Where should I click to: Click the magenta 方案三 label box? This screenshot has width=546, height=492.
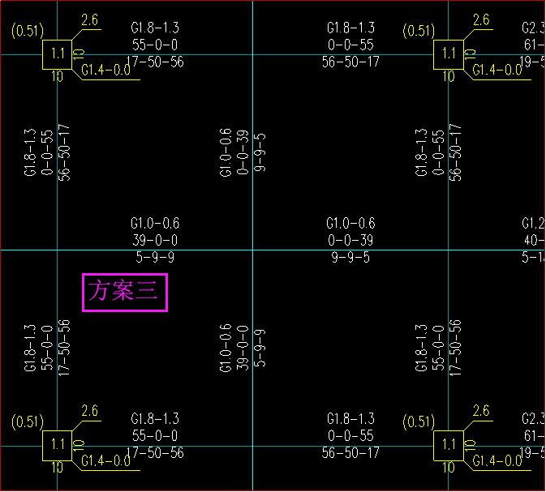coord(125,292)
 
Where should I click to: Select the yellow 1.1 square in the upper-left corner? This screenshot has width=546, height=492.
coord(57,54)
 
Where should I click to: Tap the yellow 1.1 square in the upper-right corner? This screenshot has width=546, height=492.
coord(448,54)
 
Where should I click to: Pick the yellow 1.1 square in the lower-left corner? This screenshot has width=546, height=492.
coord(57,444)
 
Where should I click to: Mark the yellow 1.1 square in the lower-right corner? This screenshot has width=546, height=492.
coord(448,444)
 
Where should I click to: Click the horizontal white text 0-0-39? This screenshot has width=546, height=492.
coord(350,240)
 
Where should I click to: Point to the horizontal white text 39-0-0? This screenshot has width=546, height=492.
coord(154,240)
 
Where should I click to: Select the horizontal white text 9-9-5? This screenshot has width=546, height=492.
coord(350,258)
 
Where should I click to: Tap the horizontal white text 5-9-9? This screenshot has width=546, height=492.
coord(154,258)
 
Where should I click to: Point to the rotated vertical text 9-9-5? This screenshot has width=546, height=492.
coord(260,151)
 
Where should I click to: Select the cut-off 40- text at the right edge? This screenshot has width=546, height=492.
coord(534,240)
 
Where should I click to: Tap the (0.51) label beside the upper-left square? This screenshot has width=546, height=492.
coord(26,31)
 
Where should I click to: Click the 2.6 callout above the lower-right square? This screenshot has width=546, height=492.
coord(480,411)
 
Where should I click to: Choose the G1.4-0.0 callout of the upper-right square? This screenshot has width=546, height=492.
coord(497,70)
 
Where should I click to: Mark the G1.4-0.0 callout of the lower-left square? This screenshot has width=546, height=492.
coord(105,460)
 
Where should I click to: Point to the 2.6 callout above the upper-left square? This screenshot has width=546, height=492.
coord(89,20)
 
